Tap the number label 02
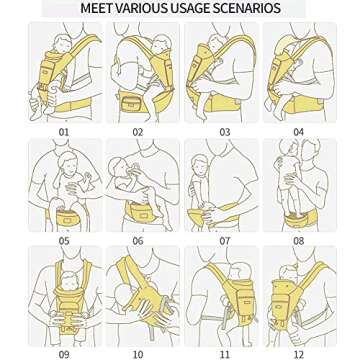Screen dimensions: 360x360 [x=138, y=131]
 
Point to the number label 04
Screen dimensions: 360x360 [x=297, y=131]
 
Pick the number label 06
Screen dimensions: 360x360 [x=138, y=241]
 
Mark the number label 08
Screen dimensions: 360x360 [x=297, y=241]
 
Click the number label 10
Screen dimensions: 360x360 [x=138, y=353]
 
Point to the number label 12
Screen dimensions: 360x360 [x=297, y=353]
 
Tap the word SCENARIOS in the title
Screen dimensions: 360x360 [x=244, y=8]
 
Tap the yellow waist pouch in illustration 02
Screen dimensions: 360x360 [x=138, y=99]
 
